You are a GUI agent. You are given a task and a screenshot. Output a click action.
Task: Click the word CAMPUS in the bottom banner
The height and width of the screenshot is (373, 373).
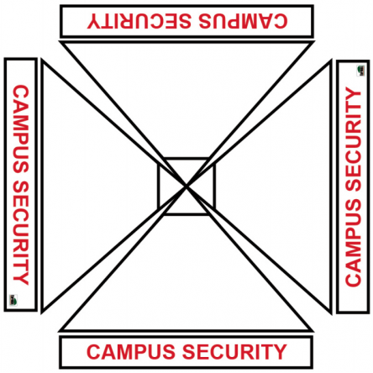point(131,352)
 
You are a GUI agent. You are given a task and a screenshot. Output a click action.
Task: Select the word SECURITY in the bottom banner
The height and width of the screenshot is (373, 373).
point(234,352)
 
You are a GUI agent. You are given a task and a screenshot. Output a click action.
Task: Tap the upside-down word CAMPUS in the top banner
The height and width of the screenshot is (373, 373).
point(243,21)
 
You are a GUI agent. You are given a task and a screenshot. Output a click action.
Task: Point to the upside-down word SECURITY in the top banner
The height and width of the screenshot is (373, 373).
point(139,21)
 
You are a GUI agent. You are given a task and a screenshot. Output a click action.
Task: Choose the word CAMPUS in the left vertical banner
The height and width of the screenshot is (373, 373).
point(21,129)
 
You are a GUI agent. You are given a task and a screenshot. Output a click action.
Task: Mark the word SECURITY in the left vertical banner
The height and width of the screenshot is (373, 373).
point(21,233)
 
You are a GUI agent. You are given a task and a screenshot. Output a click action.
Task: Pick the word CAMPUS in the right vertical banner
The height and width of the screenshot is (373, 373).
point(353,243)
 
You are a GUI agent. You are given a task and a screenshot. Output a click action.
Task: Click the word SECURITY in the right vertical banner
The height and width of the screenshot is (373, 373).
point(353,139)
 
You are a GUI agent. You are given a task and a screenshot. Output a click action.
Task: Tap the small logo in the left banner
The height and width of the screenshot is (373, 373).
point(13,300)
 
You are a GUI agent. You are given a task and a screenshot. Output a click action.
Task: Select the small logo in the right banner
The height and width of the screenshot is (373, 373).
point(360,71)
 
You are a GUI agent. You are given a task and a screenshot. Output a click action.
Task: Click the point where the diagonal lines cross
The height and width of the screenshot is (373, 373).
point(186,186)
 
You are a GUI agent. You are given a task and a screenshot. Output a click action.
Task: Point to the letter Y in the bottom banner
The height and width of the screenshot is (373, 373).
point(280,352)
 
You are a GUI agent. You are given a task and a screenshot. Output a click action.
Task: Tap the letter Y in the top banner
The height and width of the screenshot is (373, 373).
point(94,21)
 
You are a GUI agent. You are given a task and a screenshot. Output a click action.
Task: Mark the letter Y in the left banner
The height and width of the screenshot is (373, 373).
point(21,278)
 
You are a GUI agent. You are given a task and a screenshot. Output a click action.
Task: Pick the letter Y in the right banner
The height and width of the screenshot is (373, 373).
point(353,95)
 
